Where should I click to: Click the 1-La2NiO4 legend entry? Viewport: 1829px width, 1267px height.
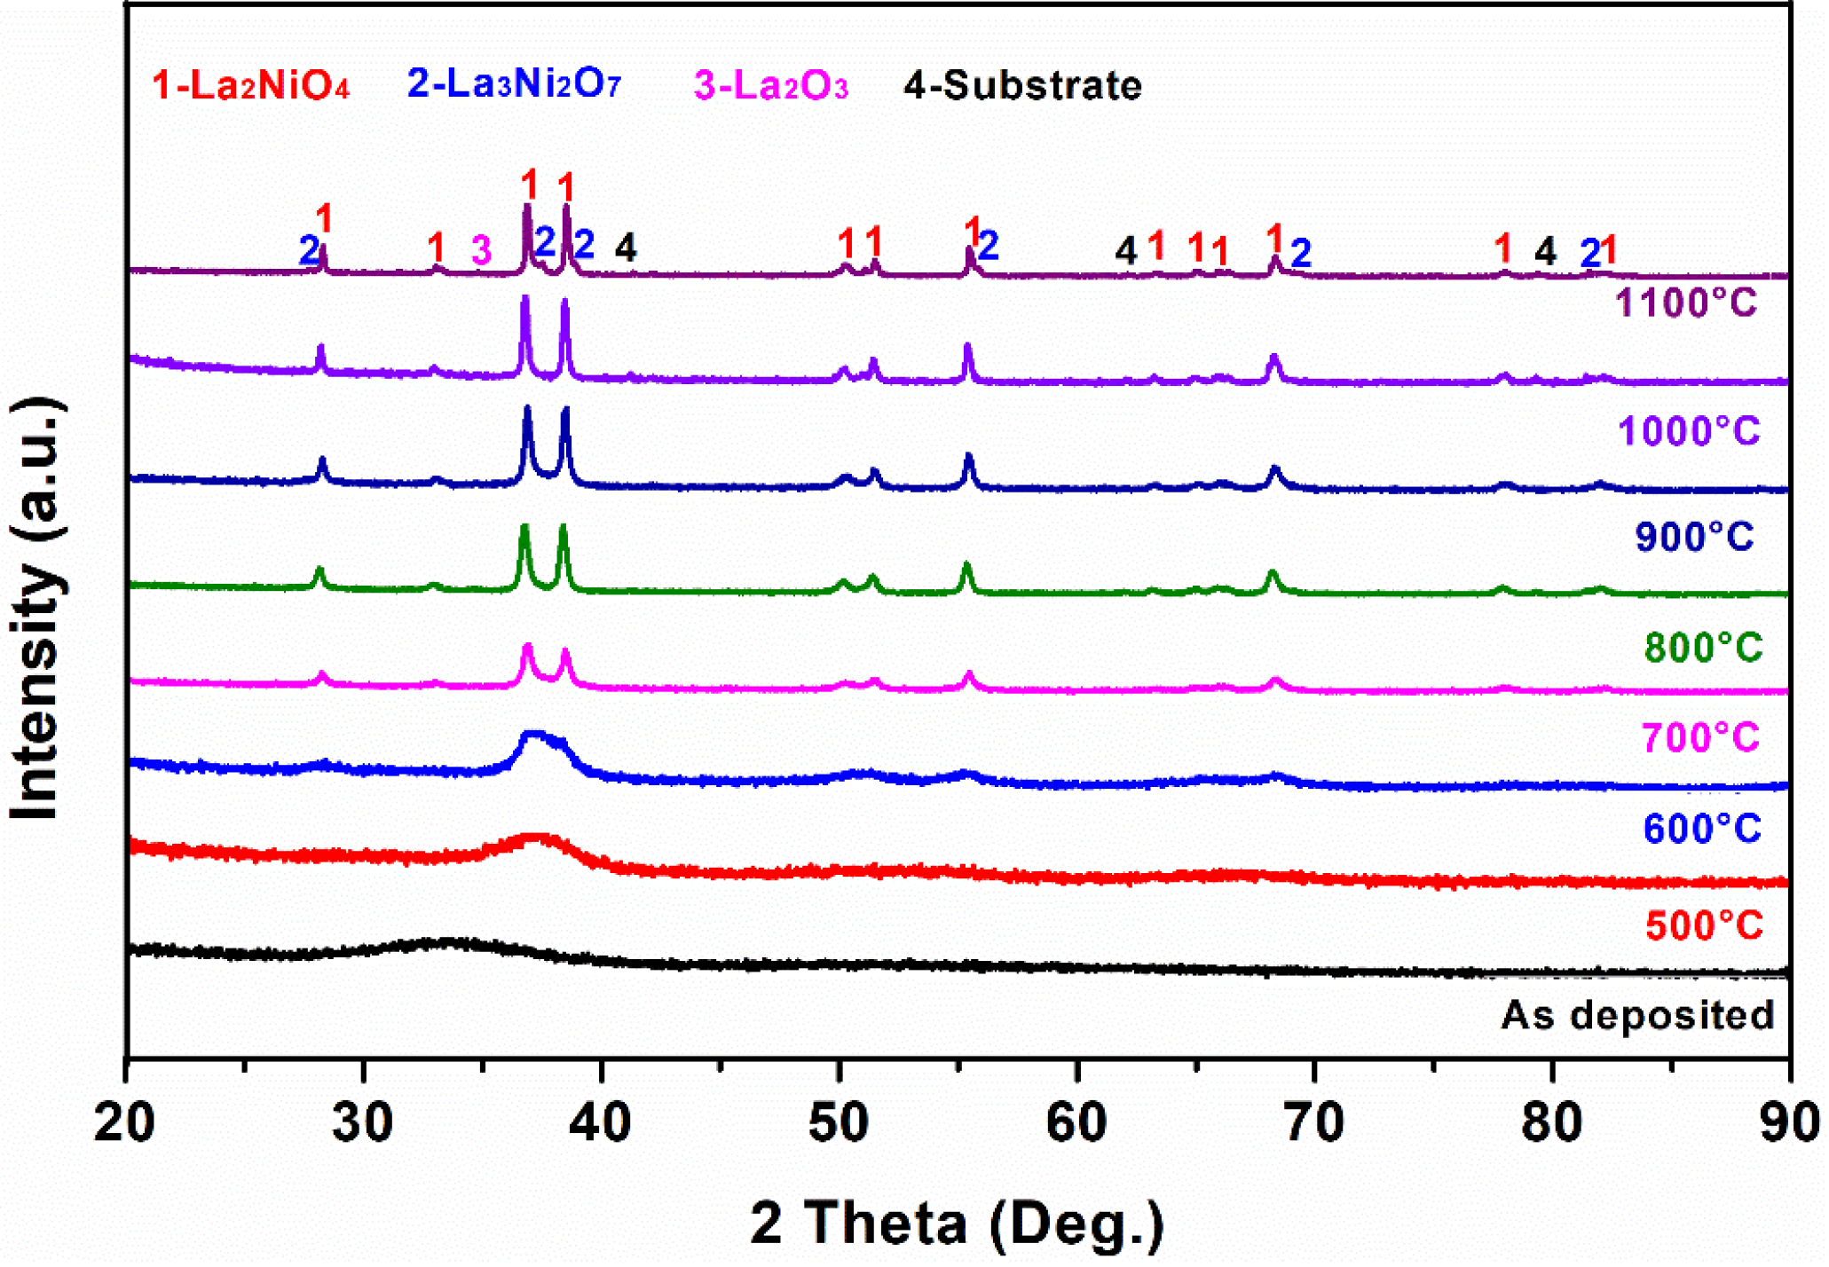(250, 86)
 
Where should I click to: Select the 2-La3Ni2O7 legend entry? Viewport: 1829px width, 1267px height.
(514, 84)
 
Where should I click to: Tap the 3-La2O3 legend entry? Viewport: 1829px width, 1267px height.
(770, 86)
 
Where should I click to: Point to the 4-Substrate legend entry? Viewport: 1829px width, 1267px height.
(1022, 86)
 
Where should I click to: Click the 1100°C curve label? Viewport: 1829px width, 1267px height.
(1685, 303)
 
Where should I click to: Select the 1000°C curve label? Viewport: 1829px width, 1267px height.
(1688, 432)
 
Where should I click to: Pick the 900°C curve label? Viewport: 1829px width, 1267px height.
(1694, 538)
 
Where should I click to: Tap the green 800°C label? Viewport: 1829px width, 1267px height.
(1702, 648)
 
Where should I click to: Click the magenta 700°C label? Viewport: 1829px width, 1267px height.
(1699, 738)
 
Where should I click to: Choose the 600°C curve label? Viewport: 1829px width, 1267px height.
(1701, 830)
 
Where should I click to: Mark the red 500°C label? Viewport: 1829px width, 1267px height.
(1703, 926)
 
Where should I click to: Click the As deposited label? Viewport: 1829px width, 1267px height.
(1637, 1016)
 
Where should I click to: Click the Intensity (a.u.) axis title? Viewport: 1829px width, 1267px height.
(37, 612)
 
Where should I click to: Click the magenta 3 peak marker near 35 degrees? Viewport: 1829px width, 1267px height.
(481, 251)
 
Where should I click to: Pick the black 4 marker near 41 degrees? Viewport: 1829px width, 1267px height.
(626, 248)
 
